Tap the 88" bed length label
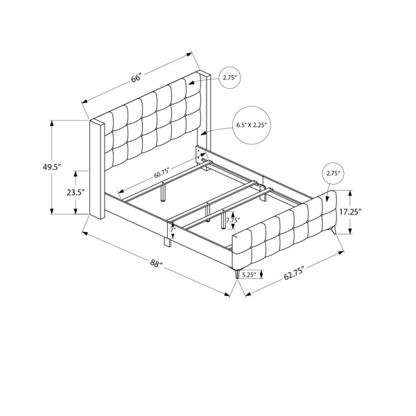(156, 263)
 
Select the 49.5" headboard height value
(52, 167)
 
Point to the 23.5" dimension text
(76, 193)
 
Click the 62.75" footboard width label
(293, 274)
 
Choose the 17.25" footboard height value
(350, 211)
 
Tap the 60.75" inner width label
(162, 173)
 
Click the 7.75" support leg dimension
(233, 220)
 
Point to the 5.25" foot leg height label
(249, 275)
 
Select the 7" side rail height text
(173, 229)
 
